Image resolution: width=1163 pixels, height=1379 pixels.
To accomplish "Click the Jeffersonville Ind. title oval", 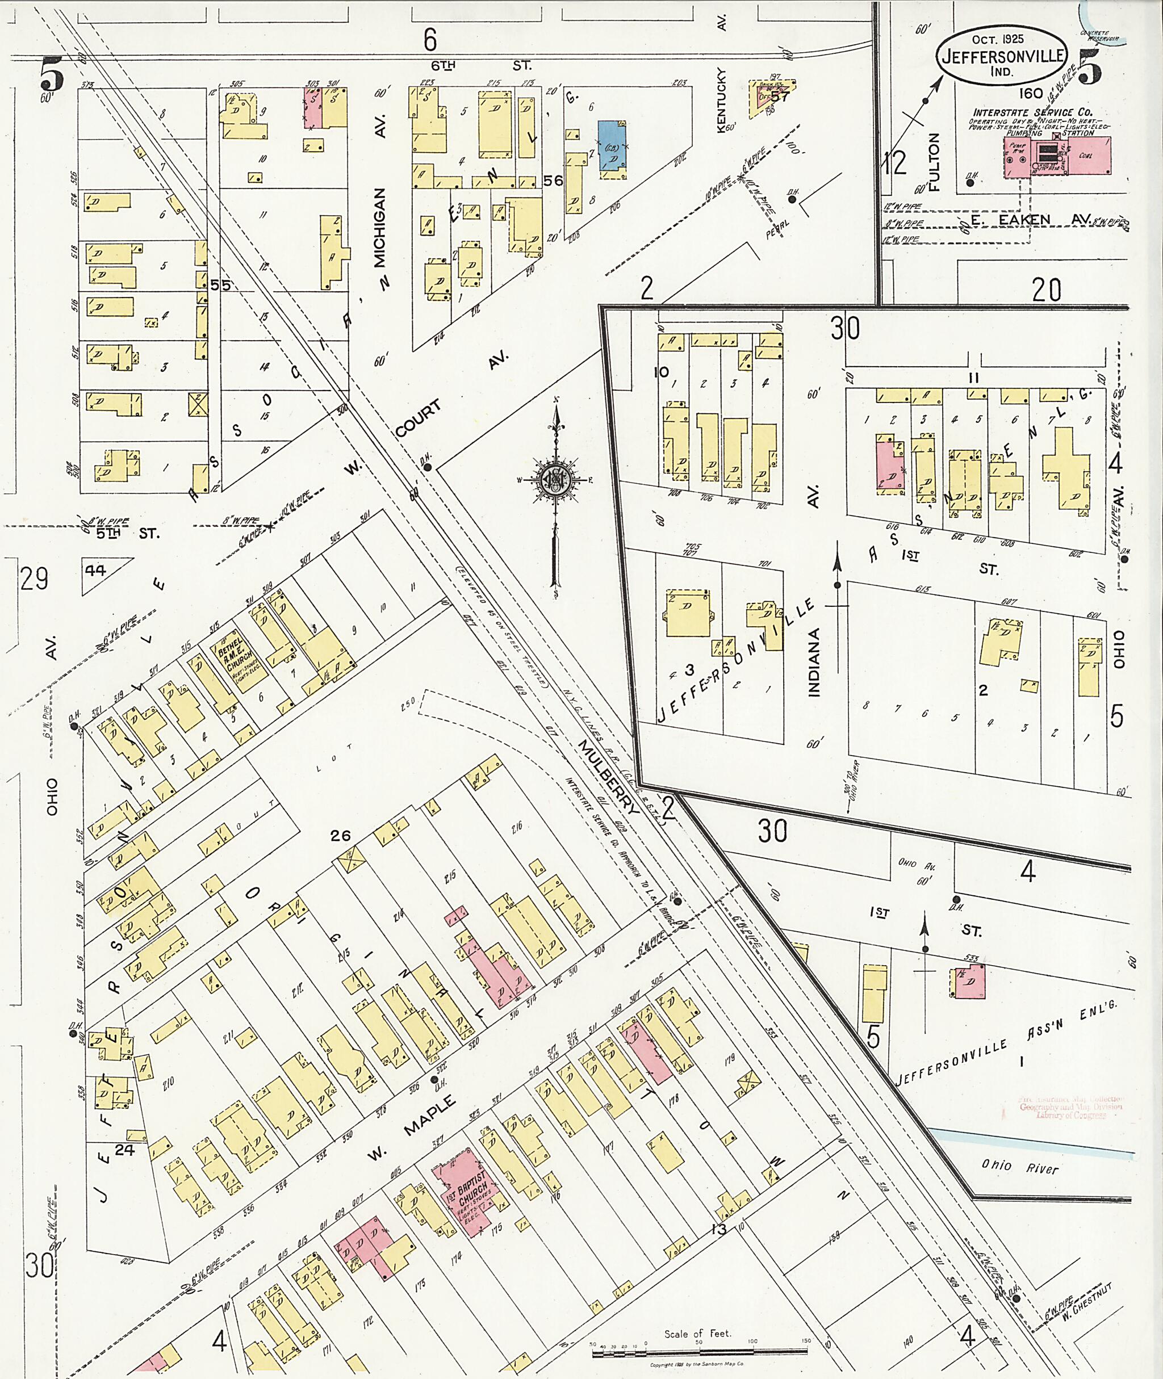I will tap(1002, 56).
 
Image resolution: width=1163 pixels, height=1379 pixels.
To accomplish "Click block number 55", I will tap(221, 286).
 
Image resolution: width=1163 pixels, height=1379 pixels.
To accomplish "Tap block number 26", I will tap(340, 836).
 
